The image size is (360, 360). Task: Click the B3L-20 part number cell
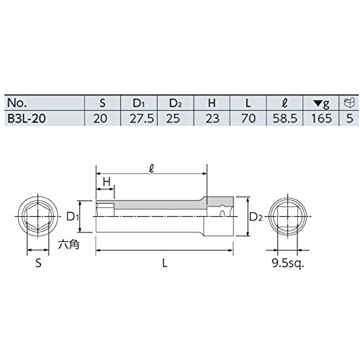tap(27, 118)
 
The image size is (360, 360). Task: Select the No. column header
tap(17, 103)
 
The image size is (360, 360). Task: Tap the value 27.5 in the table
tap(142, 118)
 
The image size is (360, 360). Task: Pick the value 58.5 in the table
tap(285, 118)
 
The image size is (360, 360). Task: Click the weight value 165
tap(321, 118)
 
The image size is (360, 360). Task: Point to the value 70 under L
tap(248, 118)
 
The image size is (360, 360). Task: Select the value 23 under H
tap(212, 118)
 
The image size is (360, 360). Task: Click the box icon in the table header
tap(349, 103)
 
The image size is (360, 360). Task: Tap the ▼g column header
tap(322, 103)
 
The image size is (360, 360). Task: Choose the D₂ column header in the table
tap(176, 103)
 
